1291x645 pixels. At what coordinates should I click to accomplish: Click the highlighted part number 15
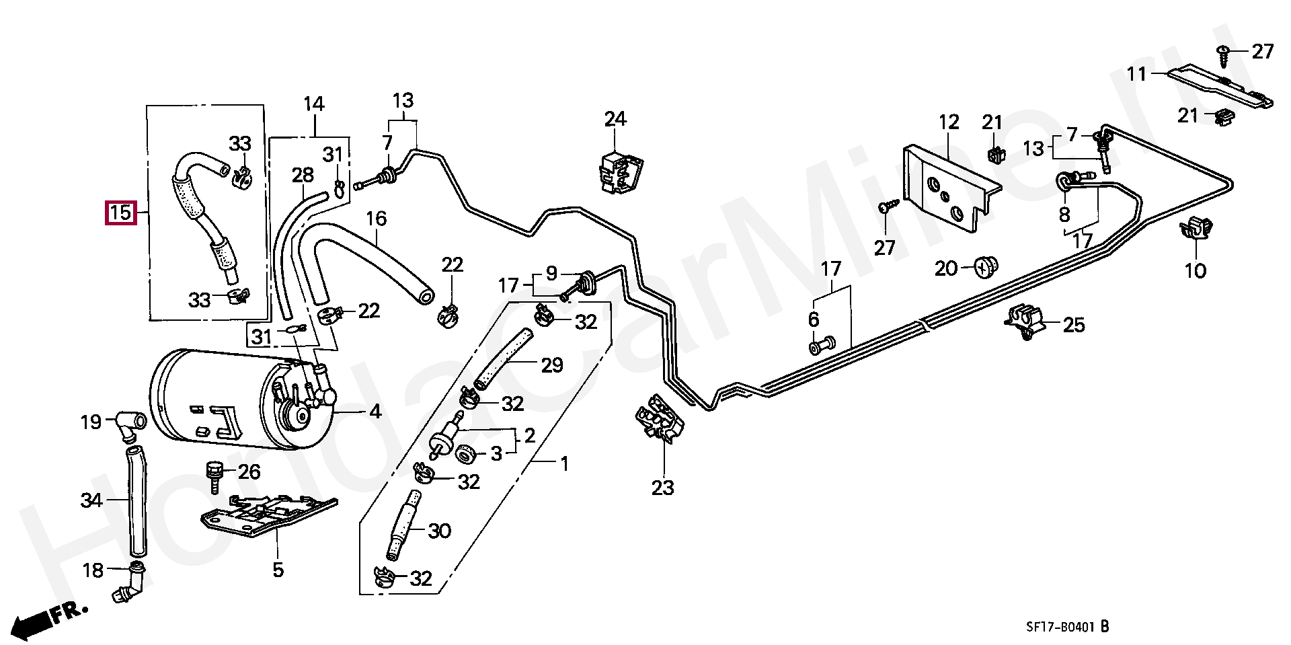pos(120,213)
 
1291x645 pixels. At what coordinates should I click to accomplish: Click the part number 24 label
pos(615,120)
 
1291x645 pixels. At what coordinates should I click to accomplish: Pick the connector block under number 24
pos(619,174)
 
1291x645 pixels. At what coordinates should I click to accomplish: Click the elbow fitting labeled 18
pos(132,583)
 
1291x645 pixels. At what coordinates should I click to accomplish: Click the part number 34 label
pos(91,501)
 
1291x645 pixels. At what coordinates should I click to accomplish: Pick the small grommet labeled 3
pos(465,455)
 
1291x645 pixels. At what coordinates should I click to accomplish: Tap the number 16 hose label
pos(377,219)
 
